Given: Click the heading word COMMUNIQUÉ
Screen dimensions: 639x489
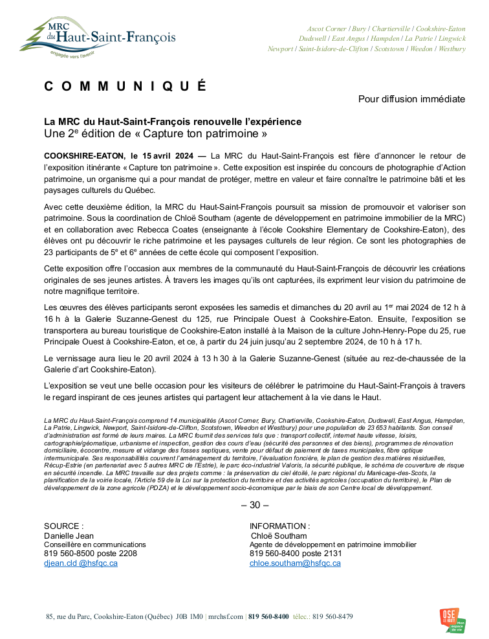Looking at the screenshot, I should coord(125,87).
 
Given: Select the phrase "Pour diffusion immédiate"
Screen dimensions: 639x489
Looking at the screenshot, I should coord(411,99).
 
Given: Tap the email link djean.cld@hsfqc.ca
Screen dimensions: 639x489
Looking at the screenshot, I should coord(80,563).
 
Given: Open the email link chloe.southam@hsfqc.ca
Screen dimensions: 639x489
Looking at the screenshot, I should coord(295,563).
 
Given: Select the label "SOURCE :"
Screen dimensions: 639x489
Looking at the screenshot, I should coord(63,526).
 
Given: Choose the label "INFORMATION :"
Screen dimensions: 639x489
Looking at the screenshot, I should coord(279,526).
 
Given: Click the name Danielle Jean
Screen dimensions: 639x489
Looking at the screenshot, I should coord(69,536).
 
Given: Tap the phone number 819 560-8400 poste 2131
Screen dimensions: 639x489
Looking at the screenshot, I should coord(295,554).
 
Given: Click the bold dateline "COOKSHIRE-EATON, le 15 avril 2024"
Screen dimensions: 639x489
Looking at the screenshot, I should coord(118,155).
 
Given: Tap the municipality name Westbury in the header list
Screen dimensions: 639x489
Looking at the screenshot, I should coord(451,49).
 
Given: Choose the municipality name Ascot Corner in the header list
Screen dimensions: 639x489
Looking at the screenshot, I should coord(327,29).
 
